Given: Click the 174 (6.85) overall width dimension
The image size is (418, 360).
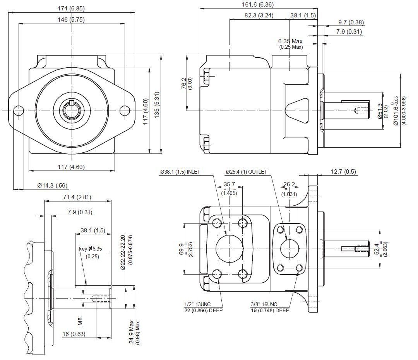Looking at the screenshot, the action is tap(71, 9).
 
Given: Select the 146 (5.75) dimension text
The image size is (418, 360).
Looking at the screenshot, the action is tap(71, 20).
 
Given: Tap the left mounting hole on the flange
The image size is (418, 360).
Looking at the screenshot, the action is tap(19, 111).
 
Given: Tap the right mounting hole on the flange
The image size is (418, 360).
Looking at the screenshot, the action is tap(125, 111).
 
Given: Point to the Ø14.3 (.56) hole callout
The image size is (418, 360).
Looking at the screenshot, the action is tap(52, 185).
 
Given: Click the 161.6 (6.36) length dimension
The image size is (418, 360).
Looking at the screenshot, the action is tap(257, 5).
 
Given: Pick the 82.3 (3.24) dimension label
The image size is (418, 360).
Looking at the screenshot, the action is tap(259, 15).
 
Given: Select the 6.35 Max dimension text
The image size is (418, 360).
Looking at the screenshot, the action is tap(290, 41).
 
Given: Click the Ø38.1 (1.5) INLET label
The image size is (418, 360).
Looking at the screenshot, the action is tap(180, 172).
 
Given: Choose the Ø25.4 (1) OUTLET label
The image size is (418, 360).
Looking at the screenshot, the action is tap(246, 172).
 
